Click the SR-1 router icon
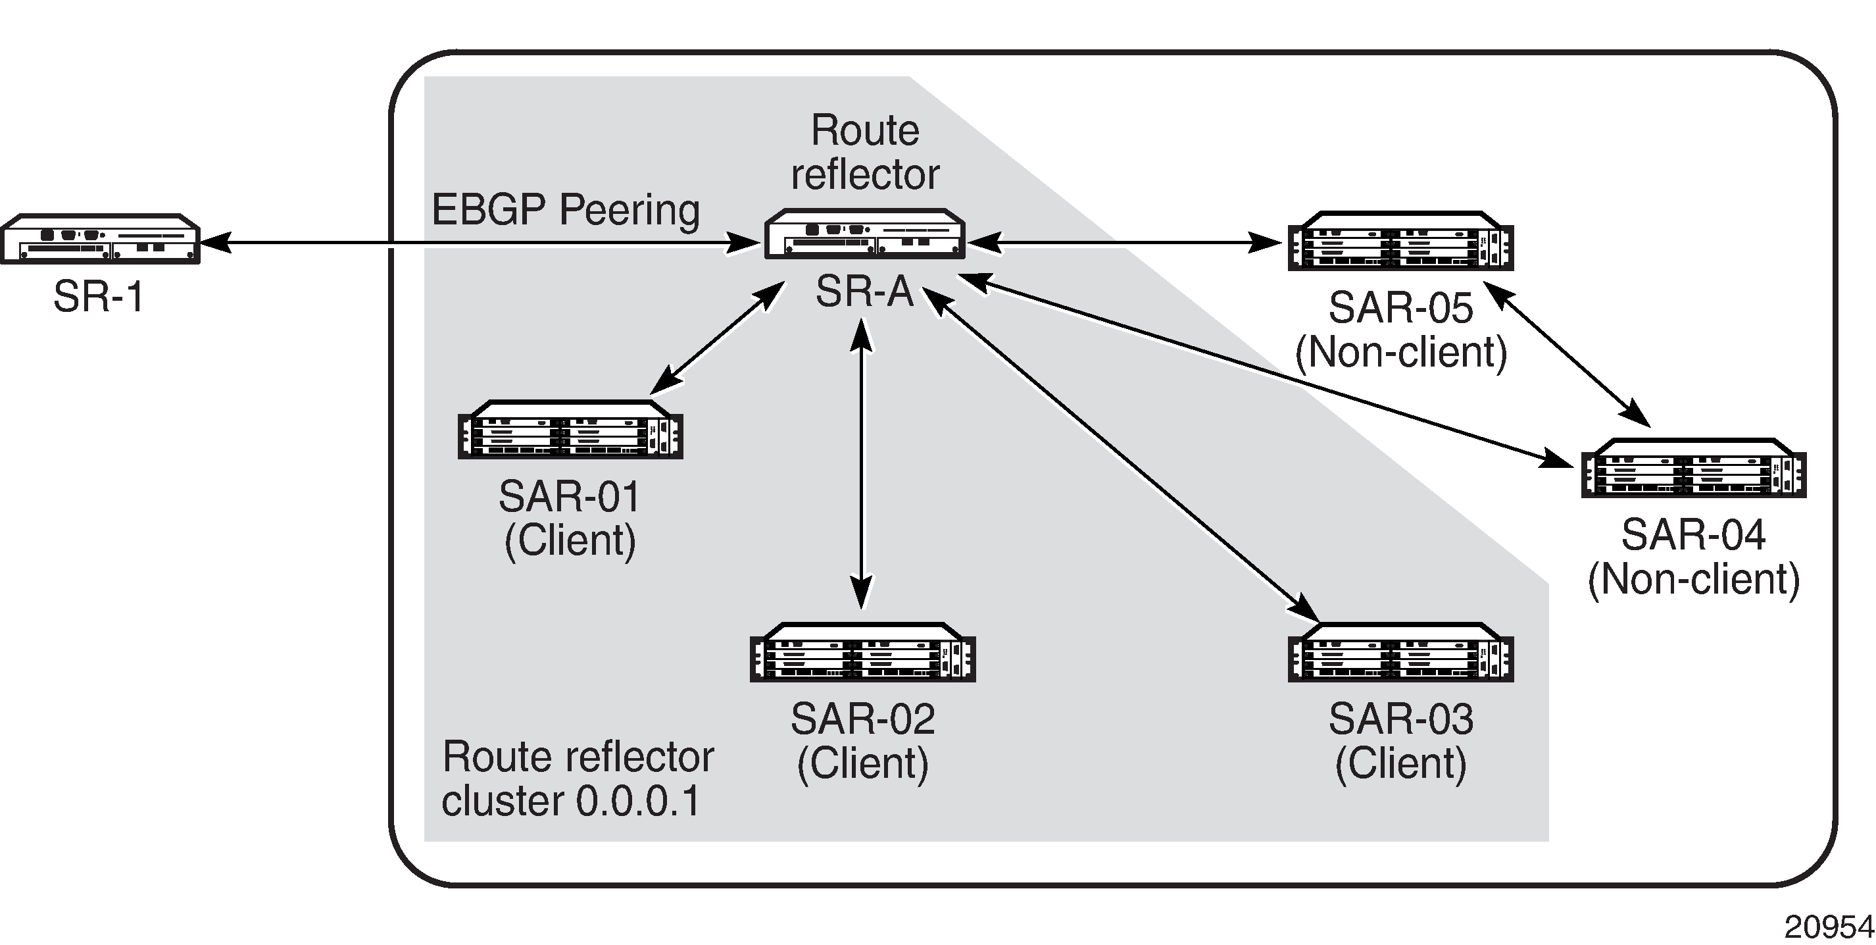(100, 238)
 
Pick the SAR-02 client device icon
(862, 653)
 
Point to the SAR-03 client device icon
(1400, 653)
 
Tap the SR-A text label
(864, 292)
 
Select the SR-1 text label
(99, 297)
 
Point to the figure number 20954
(1828, 927)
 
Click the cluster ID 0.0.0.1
(638, 802)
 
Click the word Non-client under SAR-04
(1693, 580)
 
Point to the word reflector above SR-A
(865, 175)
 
